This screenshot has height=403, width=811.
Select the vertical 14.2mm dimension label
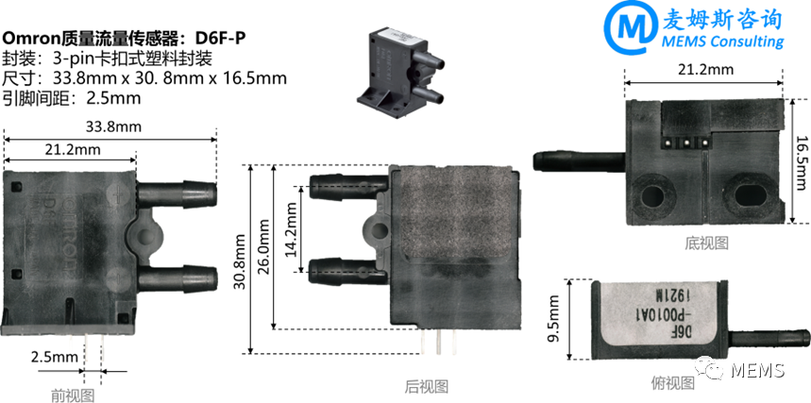tap(291, 227)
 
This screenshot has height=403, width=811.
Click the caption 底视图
tap(707, 243)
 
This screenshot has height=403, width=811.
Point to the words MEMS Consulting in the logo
tap(723, 42)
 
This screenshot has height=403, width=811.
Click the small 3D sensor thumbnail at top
tap(397, 66)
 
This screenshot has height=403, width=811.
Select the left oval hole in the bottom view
tap(652, 194)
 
